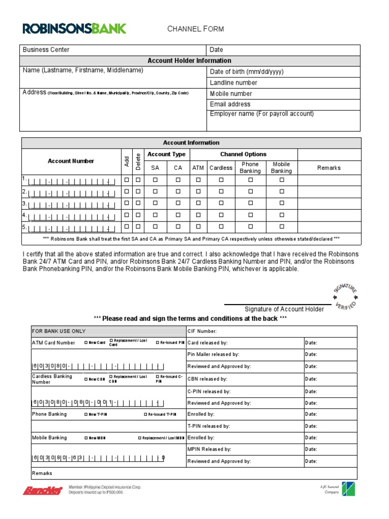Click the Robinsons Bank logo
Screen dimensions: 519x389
click(74, 28)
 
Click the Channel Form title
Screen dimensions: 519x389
click(196, 29)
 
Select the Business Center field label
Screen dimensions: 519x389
click(46, 50)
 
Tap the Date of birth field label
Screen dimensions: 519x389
click(247, 71)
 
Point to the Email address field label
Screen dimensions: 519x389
click(230, 104)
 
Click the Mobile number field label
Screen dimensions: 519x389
click(230, 93)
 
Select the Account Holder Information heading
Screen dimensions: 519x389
click(189, 60)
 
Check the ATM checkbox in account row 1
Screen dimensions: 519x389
click(198, 180)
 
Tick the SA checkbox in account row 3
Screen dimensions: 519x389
click(155, 203)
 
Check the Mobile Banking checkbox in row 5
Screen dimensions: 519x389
click(282, 227)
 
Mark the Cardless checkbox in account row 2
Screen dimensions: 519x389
click(221, 192)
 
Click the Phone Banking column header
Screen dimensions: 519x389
click(250, 168)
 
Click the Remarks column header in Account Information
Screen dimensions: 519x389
click(329, 168)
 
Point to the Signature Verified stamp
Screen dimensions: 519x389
click(345, 296)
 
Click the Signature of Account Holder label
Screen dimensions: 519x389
click(284, 309)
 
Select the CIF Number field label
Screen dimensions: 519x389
click(202, 331)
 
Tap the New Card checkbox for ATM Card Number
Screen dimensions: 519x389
click(86, 343)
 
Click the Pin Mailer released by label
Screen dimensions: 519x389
click(213, 354)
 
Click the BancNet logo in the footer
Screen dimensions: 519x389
click(42, 491)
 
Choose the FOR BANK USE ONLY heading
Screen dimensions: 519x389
click(59, 331)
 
